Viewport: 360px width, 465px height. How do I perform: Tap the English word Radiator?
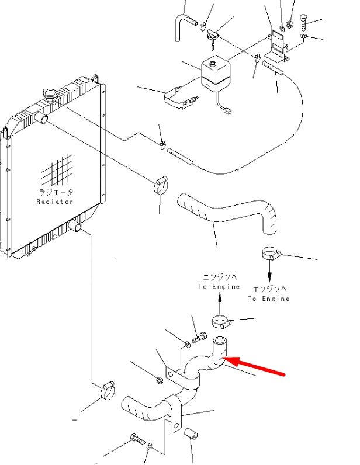54,202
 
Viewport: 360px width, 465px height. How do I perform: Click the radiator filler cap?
50,95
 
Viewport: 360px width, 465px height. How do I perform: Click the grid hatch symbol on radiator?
57,169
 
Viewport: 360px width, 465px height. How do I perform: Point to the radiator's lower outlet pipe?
75,226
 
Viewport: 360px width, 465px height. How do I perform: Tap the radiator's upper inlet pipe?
41,118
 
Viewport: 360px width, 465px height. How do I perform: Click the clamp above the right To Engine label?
271,254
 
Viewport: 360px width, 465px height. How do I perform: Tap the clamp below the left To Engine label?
221,322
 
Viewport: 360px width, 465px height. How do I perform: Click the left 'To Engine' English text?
219,287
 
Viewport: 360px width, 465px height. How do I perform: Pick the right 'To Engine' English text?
269,299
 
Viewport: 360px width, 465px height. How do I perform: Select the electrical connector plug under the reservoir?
228,111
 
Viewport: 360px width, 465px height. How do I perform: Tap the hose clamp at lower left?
108,390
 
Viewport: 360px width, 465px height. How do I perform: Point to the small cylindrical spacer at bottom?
191,433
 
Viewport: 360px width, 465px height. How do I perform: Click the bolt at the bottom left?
138,439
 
